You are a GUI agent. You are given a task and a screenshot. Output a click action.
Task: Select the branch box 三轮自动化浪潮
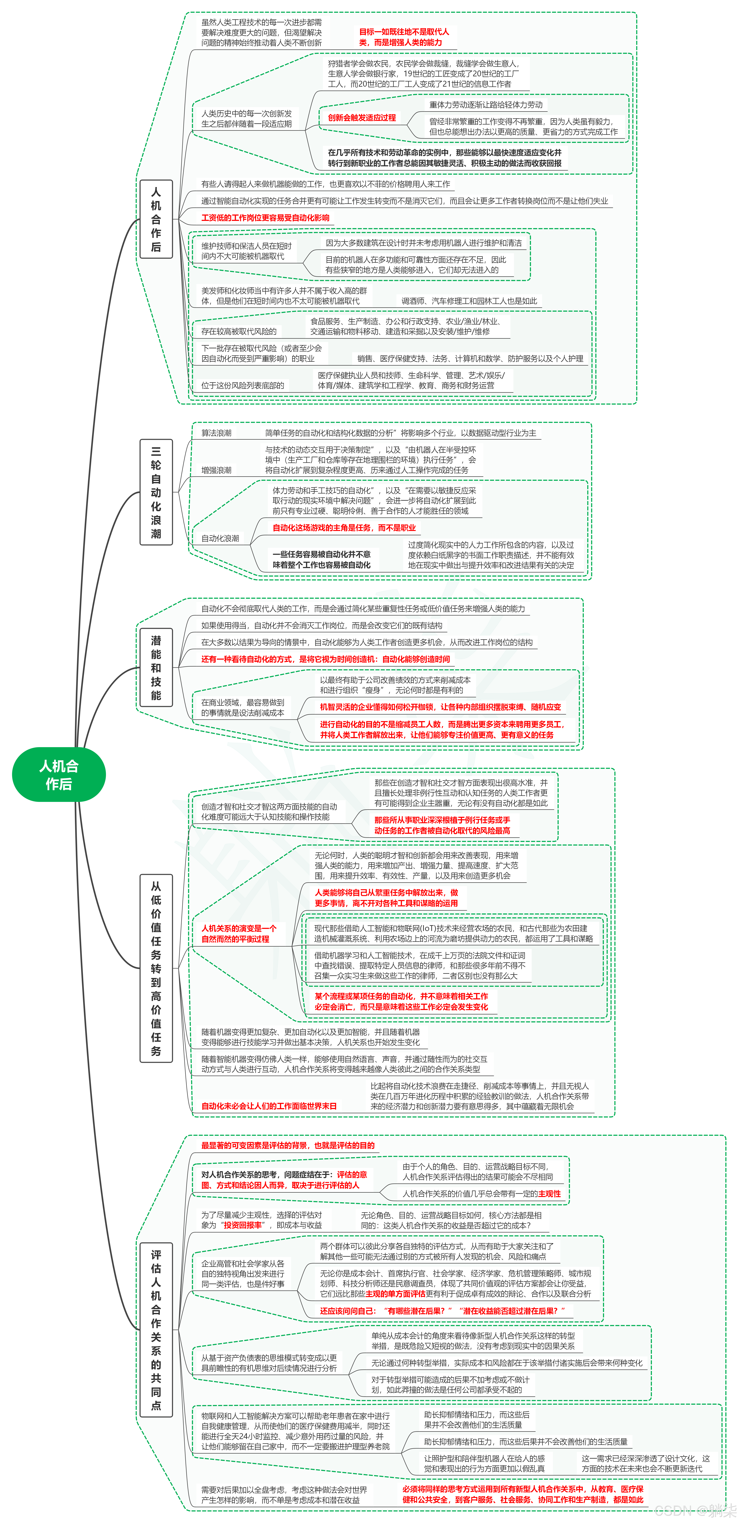pyautogui.click(x=156, y=492)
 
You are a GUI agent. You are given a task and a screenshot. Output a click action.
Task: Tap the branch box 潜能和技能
pyautogui.click(x=156, y=667)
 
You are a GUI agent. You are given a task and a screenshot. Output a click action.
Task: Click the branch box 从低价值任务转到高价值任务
pyautogui.click(x=156, y=968)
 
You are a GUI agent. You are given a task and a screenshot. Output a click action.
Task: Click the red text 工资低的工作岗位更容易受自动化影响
pyautogui.click(x=265, y=218)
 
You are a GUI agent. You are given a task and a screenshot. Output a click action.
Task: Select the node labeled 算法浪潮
pyautogui.click(x=216, y=433)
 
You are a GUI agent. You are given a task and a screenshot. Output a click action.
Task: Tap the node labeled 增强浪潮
pyautogui.click(x=216, y=470)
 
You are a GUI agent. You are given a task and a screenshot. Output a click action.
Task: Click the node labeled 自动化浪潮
pyautogui.click(x=220, y=538)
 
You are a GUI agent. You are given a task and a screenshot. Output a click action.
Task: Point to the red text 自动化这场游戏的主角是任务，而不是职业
pyautogui.click(x=344, y=527)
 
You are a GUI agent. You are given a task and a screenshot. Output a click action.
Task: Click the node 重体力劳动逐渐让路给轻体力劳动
pyautogui.click(x=486, y=105)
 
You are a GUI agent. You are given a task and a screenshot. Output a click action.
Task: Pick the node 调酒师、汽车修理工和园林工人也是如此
pyautogui.click(x=469, y=301)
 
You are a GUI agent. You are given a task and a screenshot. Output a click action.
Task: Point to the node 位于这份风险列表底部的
pyautogui.click(x=242, y=385)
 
